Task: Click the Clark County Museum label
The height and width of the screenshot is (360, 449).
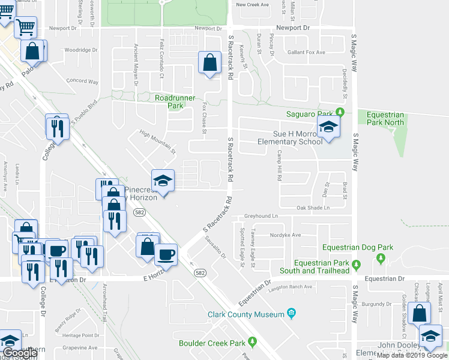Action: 246,314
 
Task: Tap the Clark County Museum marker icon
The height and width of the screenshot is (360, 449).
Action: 291,313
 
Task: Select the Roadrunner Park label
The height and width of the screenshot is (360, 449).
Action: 169,101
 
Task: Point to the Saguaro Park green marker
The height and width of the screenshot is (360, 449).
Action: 340,112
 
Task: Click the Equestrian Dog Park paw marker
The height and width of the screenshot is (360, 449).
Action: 380,258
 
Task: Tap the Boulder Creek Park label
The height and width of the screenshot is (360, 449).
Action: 213,343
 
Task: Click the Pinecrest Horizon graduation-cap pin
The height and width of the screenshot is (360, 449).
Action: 161,181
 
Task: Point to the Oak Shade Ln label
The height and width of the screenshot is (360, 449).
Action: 313,208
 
